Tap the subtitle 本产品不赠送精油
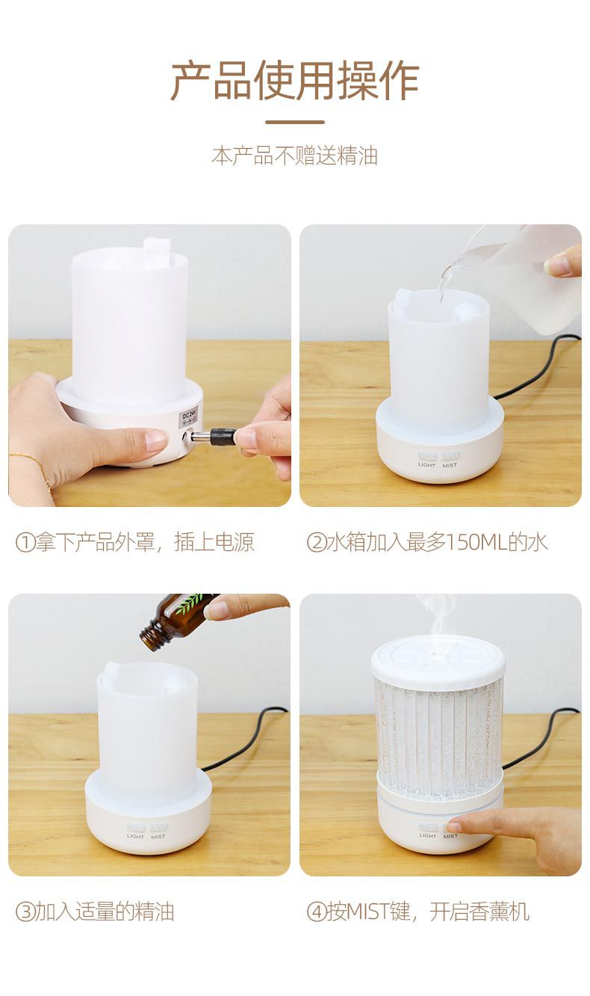coord(294,156)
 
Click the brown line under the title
coord(294,122)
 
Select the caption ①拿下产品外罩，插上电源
coord(135,542)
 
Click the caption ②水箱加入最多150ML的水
coord(427,542)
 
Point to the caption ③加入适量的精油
coord(95,912)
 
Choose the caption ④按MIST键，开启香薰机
coord(418,912)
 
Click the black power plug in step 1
coord(223,437)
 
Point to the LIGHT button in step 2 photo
coord(426,456)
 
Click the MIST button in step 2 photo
coord(450,456)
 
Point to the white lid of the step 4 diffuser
coord(438,661)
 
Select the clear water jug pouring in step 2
coord(523,277)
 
